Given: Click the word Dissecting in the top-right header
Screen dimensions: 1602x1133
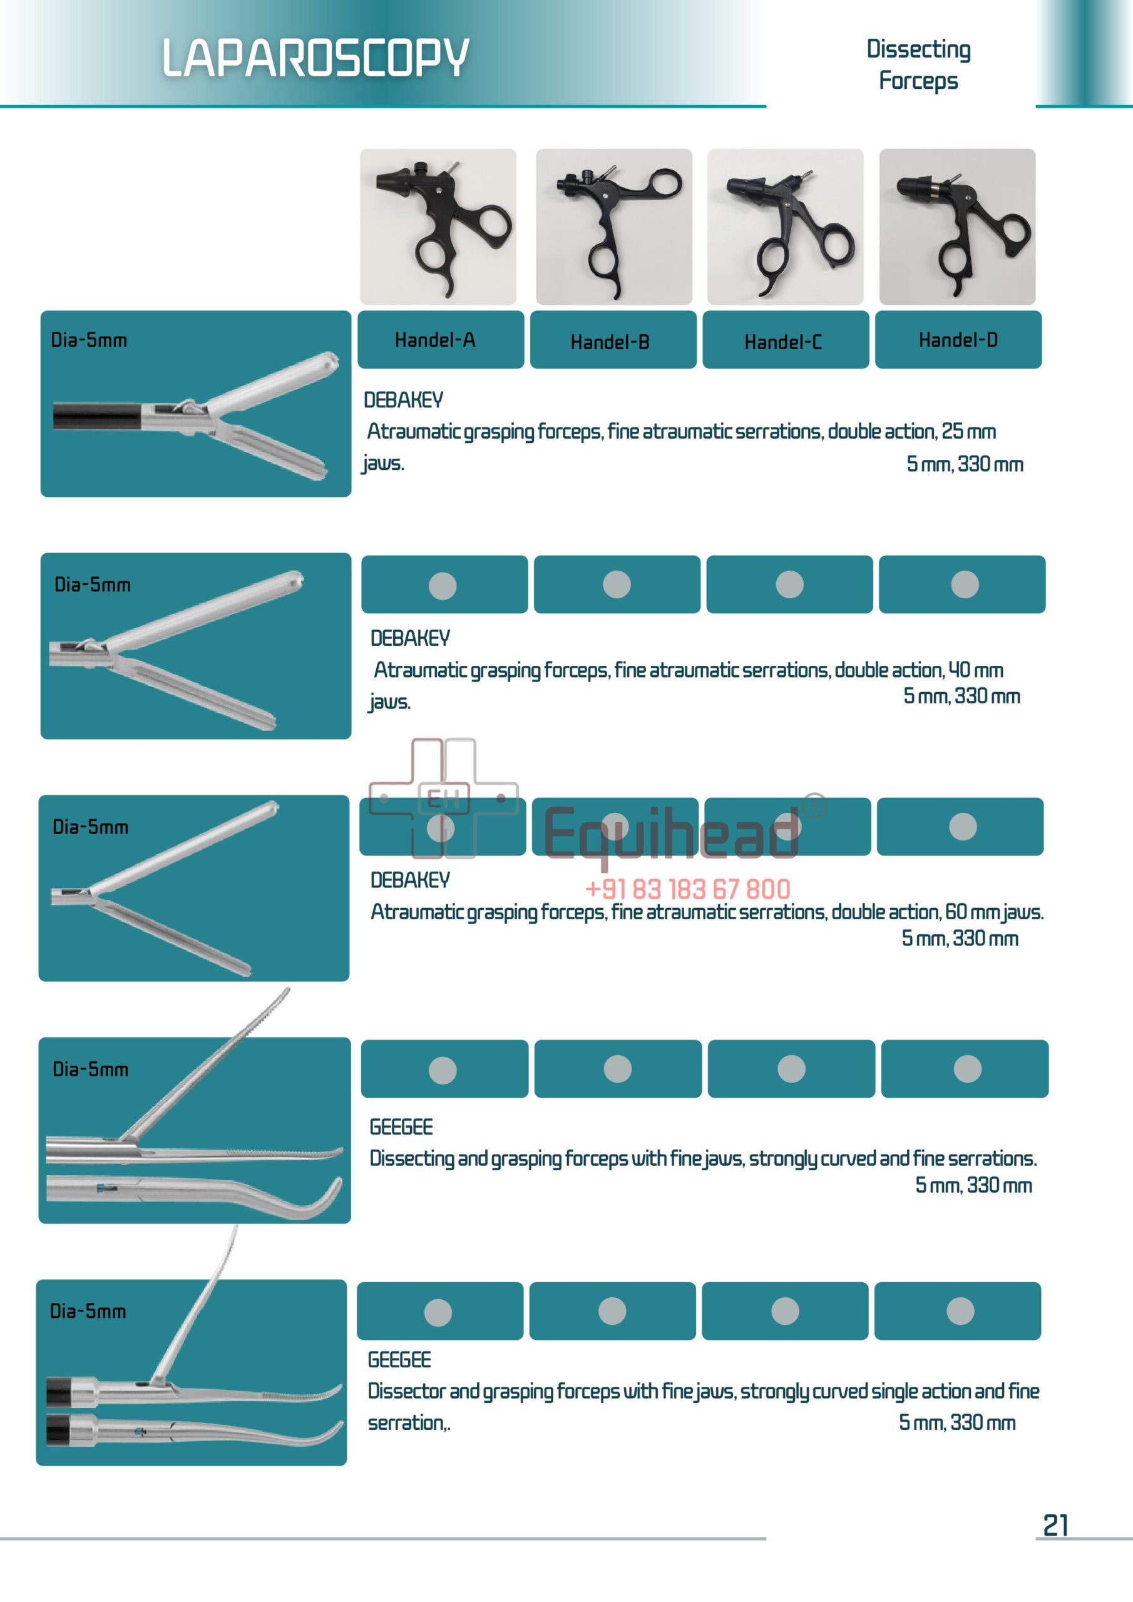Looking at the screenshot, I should [x=918, y=49].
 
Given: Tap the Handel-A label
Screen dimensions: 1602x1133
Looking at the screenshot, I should [x=435, y=340].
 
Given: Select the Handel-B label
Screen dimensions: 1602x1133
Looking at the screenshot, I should [x=610, y=342].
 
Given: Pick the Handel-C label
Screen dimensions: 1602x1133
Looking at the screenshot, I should [x=782, y=342].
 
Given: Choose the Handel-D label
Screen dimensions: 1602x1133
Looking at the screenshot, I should [x=958, y=340].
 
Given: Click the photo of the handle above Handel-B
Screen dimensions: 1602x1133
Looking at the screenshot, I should [x=613, y=226].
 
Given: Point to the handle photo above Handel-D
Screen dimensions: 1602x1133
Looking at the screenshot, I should [x=957, y=226].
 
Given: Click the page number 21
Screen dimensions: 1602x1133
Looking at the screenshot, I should [x=1055, y=1525].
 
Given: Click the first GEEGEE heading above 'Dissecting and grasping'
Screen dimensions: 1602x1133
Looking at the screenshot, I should [x=401, y=1127].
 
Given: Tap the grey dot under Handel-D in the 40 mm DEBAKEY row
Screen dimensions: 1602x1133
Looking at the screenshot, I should [x=965, y=584].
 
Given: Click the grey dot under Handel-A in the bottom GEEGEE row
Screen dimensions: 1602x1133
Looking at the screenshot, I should [x=438, y=1312].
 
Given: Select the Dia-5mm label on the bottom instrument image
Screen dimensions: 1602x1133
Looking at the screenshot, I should [x=88, y=1311].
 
